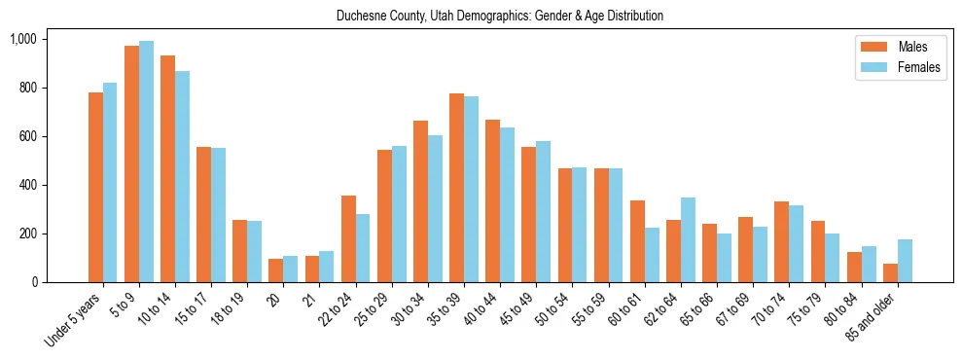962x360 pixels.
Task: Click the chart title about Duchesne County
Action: [x=500, y=16]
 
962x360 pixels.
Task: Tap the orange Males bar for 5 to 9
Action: [x=131, y=163]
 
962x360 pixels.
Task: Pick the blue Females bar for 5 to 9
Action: [x=146, y=162]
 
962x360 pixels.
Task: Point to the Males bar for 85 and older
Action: [x=891, y=272]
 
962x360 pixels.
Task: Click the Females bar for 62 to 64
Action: [x=688, y=239]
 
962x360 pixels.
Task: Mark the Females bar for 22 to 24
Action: [x=362, y=248]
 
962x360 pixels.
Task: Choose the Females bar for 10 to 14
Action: [x=182, y=176]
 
